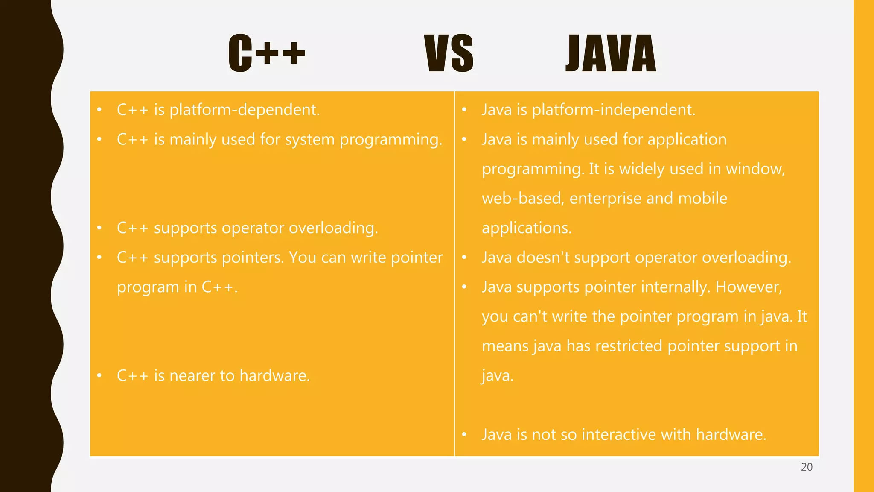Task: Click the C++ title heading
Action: coord(267,53)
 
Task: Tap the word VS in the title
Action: coord(449,53)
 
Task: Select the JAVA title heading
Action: coord(611,53)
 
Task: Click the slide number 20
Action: coord(807,467)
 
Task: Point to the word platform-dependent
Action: coord(244,110)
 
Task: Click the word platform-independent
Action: coord(613,110)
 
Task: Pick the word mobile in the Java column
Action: coord(702,199)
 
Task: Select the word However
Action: coord(749,287)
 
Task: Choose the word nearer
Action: coord(192,376)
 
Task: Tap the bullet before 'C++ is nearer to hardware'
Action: coord(99,376)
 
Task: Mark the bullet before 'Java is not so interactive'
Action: coord(464,435)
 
